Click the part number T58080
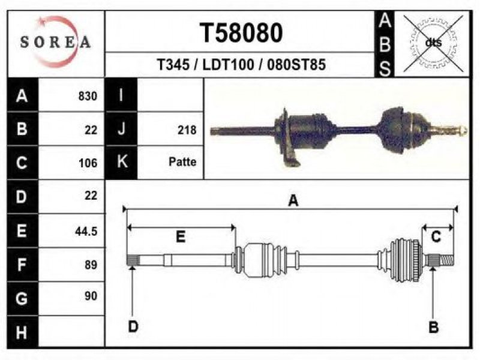click(x=241, y=33)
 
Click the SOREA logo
click(x=55, y=41)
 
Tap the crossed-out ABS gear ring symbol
click(x=433, y=43)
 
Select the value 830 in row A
click(x=88, y=96)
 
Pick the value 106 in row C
click(x=88, y=163)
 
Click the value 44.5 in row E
click(x=86, y=231)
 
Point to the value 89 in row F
click(x=91, y=265)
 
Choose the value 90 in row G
click(x=91, y=296)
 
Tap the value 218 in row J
click(x=187, y=130)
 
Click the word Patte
click(x=182, y=161)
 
